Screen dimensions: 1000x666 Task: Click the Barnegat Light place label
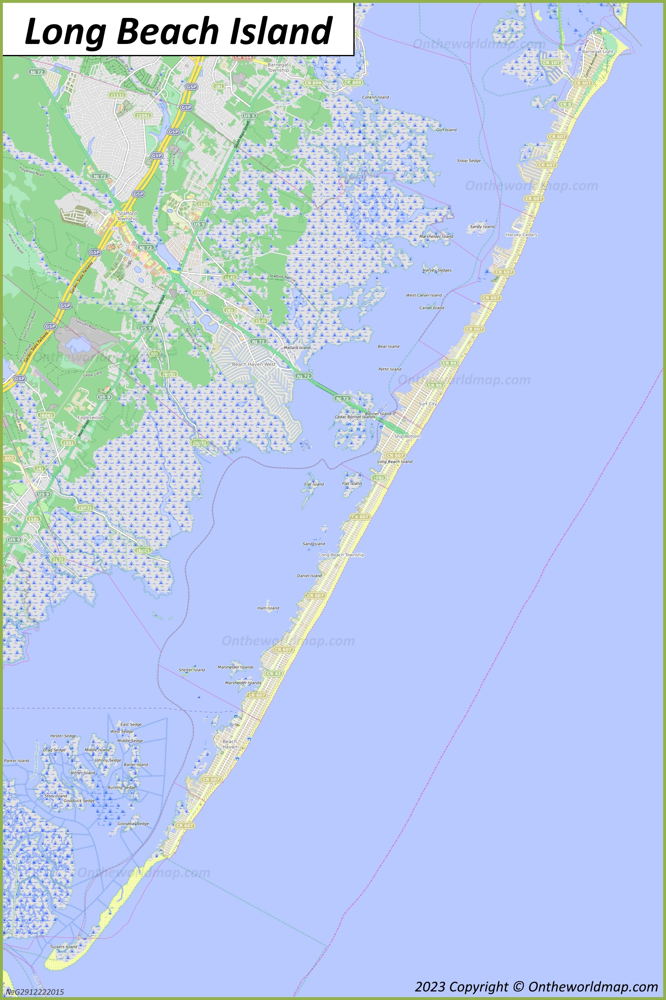click(x=597, y=51)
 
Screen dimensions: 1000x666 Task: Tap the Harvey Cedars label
click(x=521, y=235)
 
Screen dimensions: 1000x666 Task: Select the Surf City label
click(x=427, y=404)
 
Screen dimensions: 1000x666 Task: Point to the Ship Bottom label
click(x=407, y=436)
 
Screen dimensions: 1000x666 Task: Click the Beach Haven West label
click(x=254, y=364)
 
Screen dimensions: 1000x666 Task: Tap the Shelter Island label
click(x=192, y=670)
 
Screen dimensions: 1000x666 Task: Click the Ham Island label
click(x=268, y=608)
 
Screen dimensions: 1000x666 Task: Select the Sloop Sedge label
click(x=469, y=160)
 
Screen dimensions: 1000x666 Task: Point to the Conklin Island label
click(x=375, y=97)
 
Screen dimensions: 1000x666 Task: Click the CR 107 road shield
click(x=551, y=63)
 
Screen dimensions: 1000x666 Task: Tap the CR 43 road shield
click(x=273, y=674)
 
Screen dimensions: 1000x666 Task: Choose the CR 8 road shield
click(x=565, y=104)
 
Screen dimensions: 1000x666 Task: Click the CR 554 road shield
click(x=243, y=57)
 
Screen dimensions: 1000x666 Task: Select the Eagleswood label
click(x=90, y=417)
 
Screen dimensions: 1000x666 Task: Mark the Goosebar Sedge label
click(x=133, y=823)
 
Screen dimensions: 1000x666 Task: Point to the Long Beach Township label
click(x=342, y=555)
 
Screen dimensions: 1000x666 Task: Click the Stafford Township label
click(x=127, y=216)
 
